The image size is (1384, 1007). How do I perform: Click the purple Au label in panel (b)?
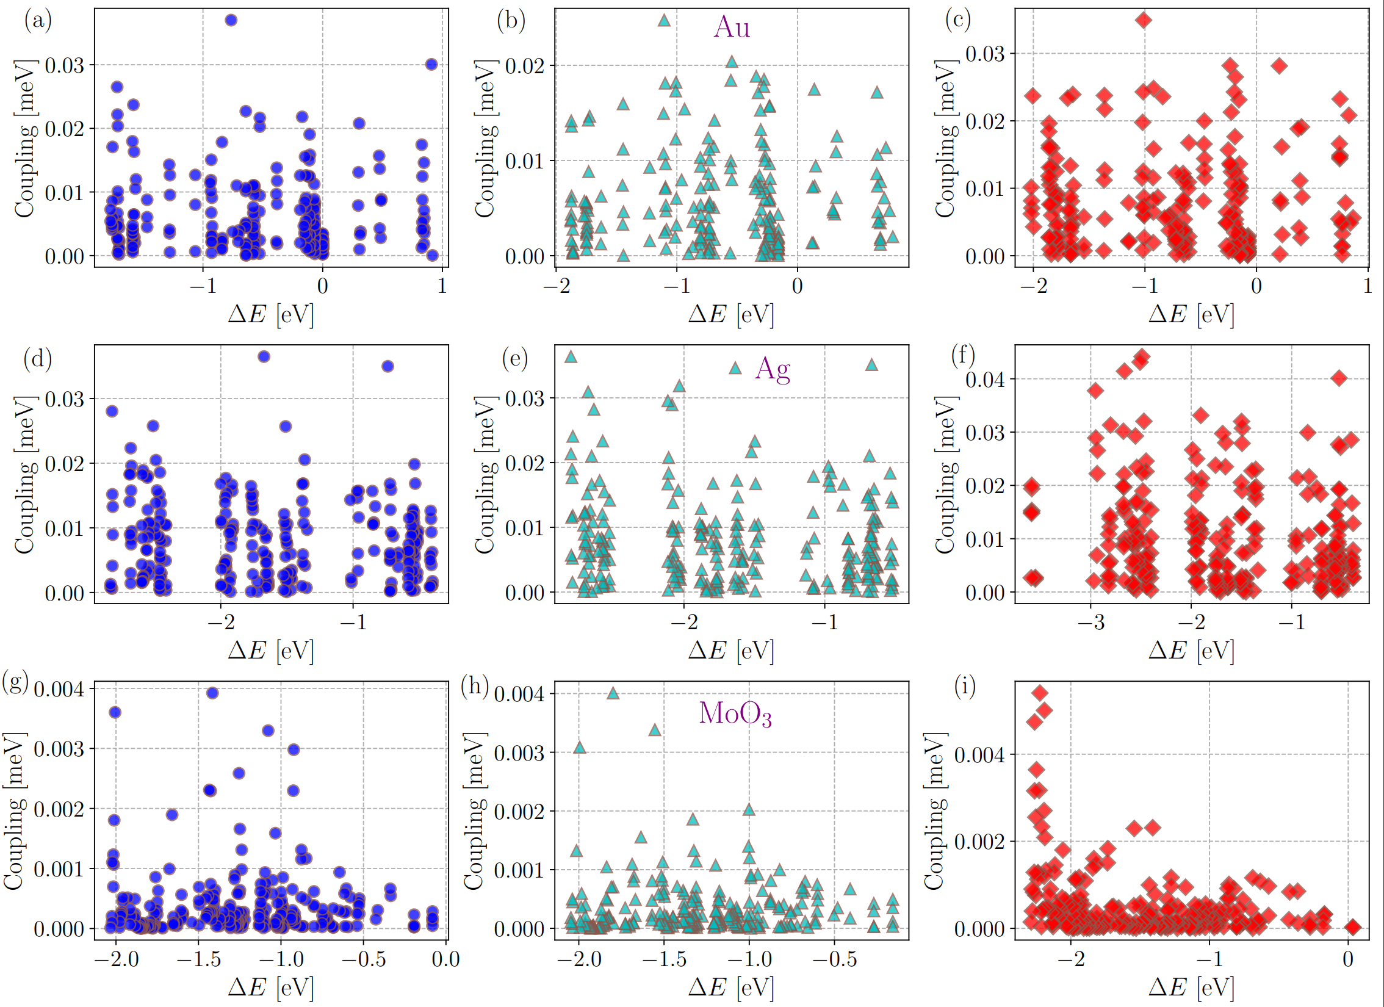[732, 27]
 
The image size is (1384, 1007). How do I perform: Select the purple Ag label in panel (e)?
[773, 369]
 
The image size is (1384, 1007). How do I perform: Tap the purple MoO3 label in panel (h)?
[735, 713]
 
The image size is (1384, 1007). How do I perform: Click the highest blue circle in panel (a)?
[231, 20]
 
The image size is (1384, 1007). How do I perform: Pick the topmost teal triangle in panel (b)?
[665, 21]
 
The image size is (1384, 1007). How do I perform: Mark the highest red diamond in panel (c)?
[1144, 20]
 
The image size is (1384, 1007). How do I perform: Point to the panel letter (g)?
[16, 682]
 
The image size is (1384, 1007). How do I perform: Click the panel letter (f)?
[963, 355]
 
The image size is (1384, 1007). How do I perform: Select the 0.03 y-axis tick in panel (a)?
[64, 65]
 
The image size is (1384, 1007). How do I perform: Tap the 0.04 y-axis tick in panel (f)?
[984, 380]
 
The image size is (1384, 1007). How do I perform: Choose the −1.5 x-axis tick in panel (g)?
[199, 959]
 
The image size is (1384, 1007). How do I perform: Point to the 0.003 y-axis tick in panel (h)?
[519, 753]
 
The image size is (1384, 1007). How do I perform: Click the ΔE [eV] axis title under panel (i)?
[1191, 987]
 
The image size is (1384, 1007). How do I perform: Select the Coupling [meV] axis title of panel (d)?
[24, 475]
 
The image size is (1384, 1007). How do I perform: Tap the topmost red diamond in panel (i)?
[1040, 693]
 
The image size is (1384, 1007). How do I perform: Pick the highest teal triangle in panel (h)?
[613, 693]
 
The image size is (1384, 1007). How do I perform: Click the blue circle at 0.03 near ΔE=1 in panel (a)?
[431, 65]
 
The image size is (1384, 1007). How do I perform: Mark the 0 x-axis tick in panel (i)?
[1348, 959]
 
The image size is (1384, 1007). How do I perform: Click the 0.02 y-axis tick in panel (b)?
[524, 66]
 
